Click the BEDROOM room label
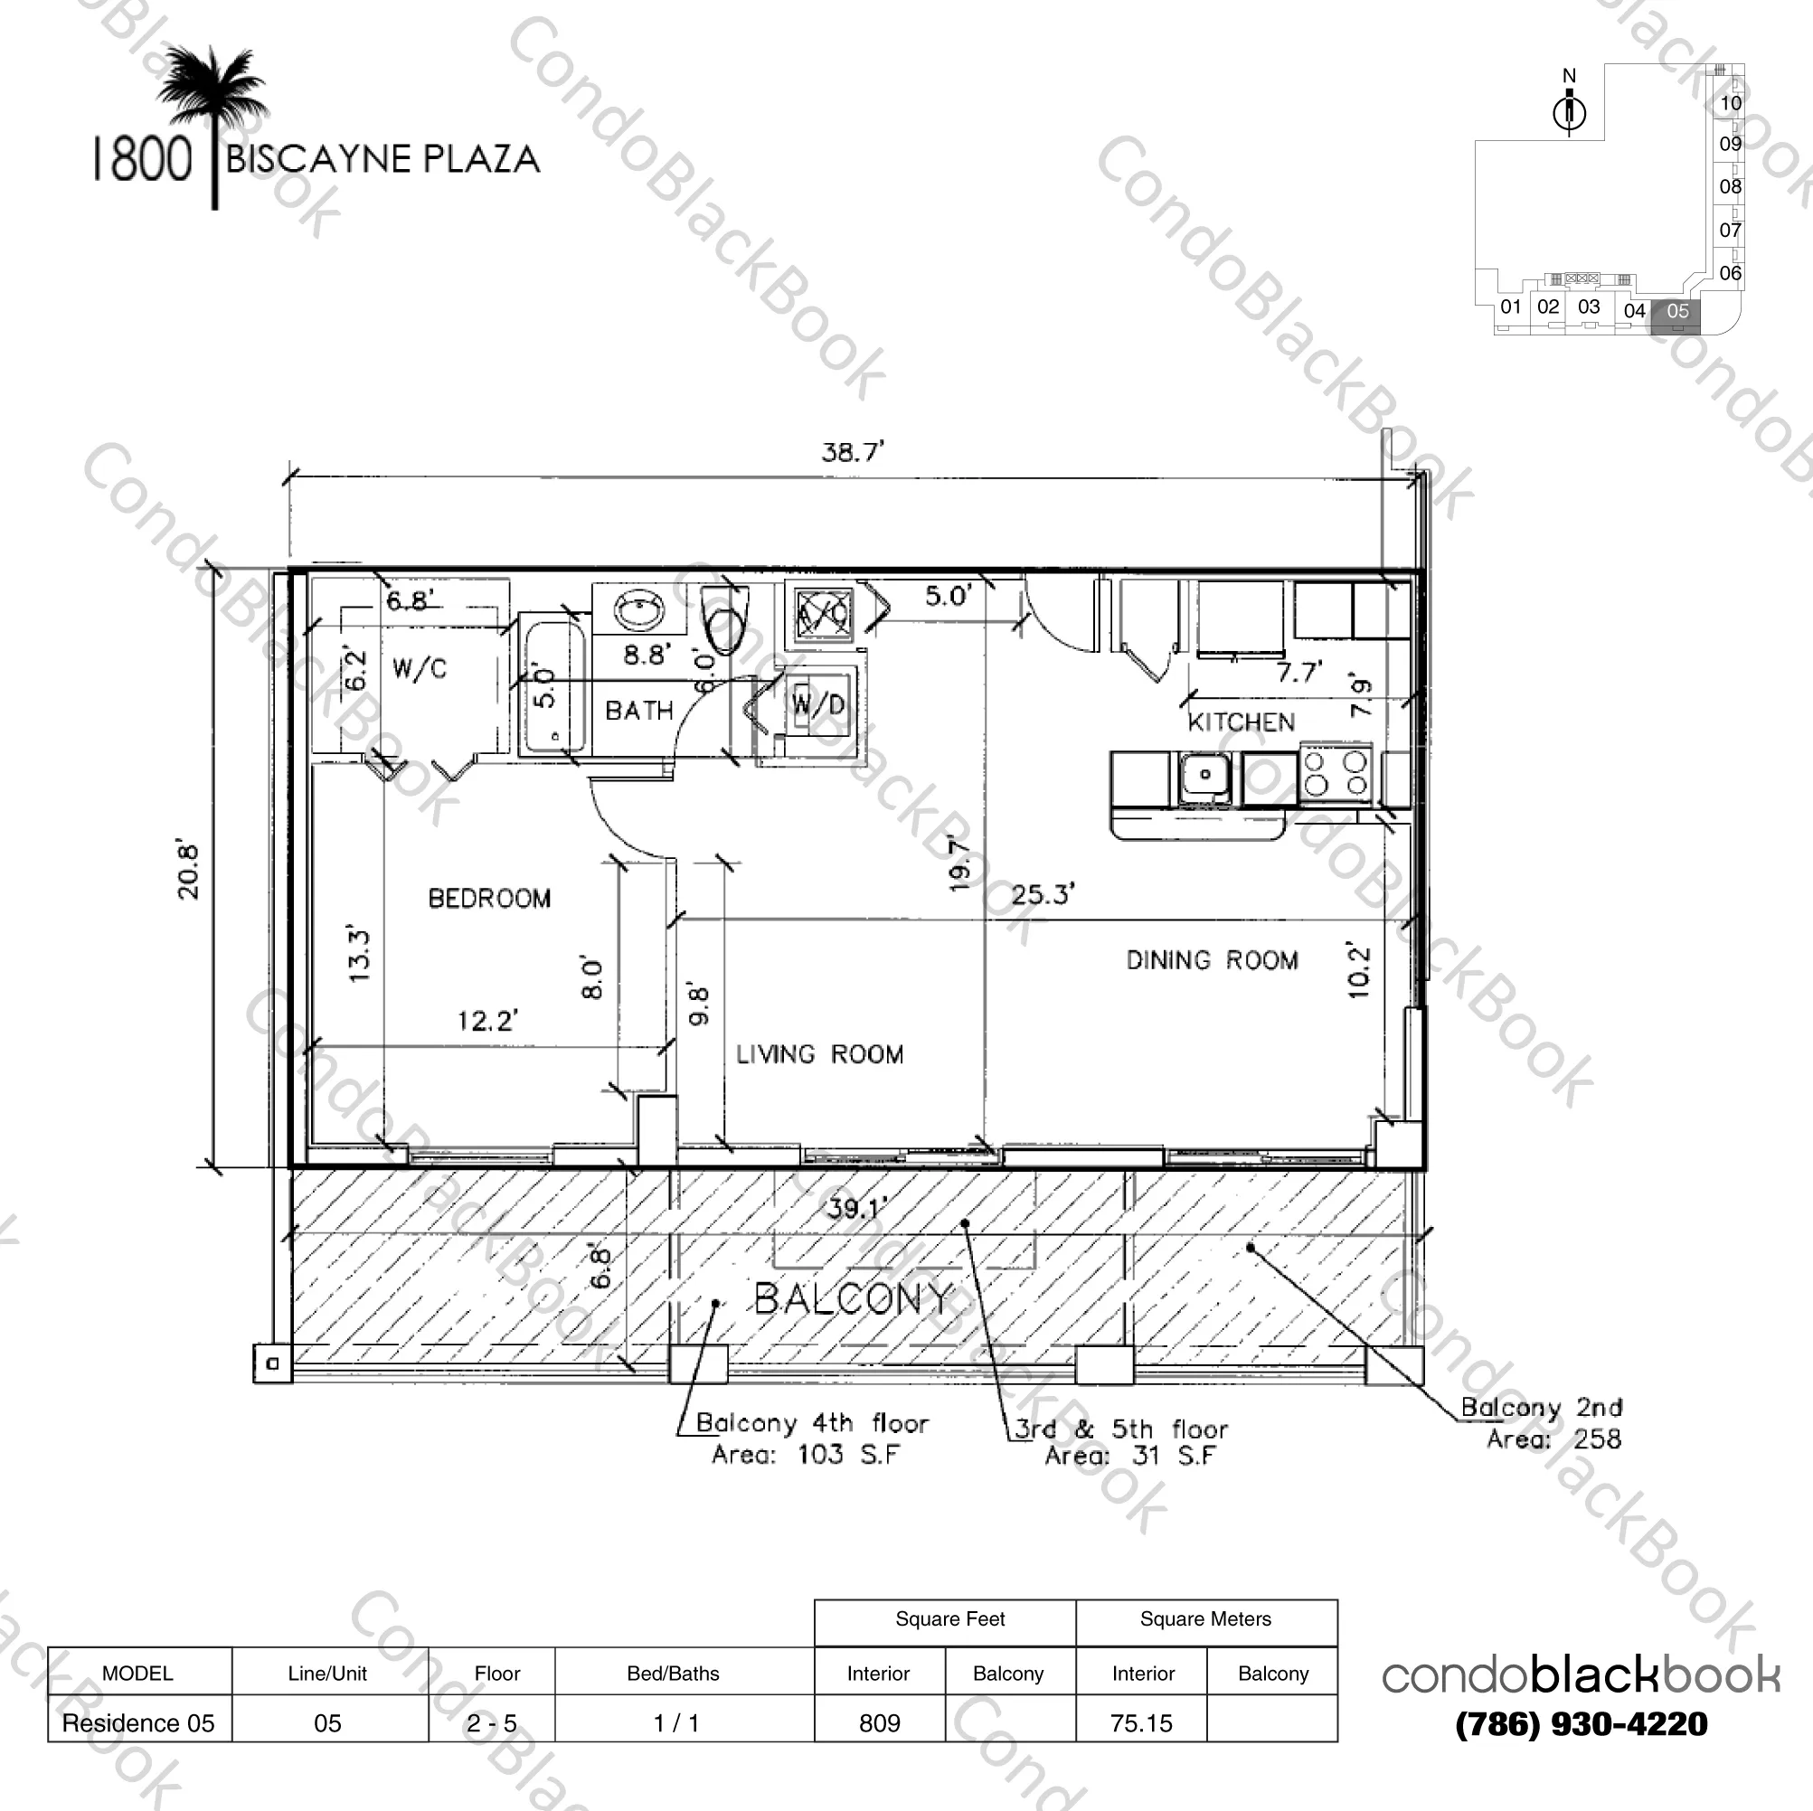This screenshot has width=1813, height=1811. [489, 898]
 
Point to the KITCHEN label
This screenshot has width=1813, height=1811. [1241, 722]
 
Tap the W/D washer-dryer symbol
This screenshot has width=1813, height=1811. [818, 703]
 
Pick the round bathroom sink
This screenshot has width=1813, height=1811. [639, 611]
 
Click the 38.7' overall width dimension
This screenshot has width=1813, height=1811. [852, 452]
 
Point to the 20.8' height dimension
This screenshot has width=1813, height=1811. [189, 871]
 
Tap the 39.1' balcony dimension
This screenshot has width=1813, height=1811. [855, 1209]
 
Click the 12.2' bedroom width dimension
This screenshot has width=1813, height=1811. [487, 1020]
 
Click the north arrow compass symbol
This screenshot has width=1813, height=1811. [1569, 113]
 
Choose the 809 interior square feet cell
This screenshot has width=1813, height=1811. [879, 1722]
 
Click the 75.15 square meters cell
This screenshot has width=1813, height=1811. [1141, 1722]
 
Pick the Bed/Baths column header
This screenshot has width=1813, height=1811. [673, 1673]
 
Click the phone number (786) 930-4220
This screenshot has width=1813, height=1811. [1582, 1723]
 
